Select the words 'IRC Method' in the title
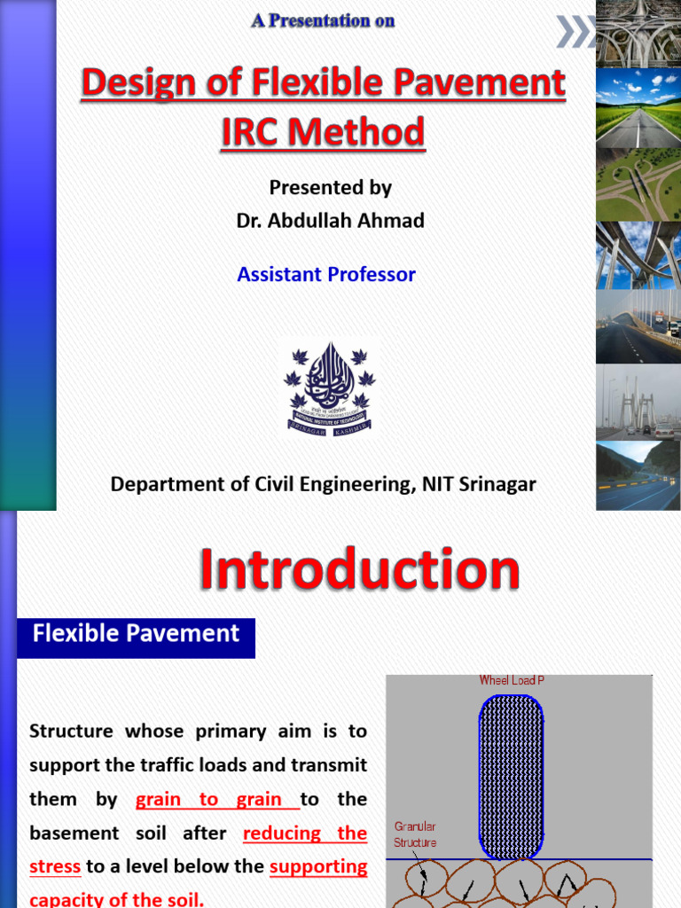pyautogui.click(x=323, y=132)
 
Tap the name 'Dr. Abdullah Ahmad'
pyautogui.click(x=330, y=221)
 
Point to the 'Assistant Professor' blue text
pyautogui.click(x=326, y=274)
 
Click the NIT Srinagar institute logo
pyautogui.click(x=329, y=387)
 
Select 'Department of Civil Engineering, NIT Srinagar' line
pyautogui.click(x=323, y=484)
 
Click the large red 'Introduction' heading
pyautogui.click(x=358, y=569)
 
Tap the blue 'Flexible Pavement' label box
pyautogui.click(x=136, y=634)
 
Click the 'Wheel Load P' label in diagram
pyautogui.click(x=511, y=681)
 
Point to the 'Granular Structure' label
pyautogui.click(x=415, y=834)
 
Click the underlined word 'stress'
pyautogui.click(x=55, y=866)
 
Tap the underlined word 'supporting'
pyautogui.click(x=318, y=866)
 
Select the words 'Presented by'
pyautogui.click(x=330, y=188)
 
